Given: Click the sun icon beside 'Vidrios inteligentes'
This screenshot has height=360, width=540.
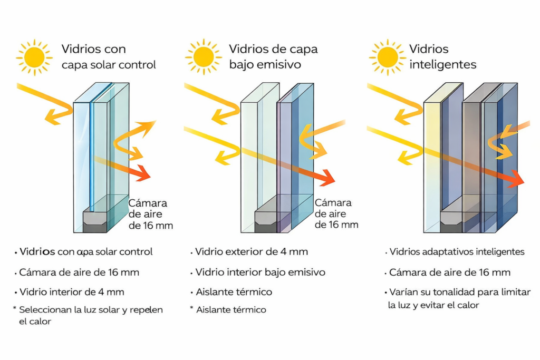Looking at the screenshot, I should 388,56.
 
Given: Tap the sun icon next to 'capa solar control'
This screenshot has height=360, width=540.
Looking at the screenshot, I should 34,56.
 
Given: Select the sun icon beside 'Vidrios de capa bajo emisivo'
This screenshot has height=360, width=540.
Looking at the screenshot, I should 203,56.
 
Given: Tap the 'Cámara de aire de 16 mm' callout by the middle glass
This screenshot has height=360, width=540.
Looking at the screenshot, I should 336,213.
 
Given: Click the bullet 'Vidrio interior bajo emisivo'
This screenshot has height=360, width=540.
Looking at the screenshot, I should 260,273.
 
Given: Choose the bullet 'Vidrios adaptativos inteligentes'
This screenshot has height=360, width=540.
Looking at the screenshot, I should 457,252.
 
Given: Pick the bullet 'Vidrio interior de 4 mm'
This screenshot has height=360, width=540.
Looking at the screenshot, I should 72,291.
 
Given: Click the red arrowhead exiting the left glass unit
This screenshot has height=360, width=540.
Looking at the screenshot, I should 144,172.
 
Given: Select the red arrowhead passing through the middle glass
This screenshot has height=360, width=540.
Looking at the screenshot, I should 327,178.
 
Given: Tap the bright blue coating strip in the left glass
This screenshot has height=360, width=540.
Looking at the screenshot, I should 92,158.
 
